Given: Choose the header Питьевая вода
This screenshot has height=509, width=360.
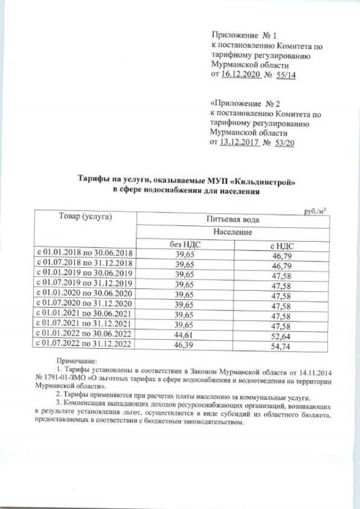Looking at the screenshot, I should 232,219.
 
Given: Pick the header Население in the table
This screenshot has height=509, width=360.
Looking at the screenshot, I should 232,232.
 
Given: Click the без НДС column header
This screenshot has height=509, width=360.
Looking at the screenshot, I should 184,245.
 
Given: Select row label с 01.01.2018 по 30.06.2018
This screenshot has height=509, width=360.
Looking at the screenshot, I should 84,254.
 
